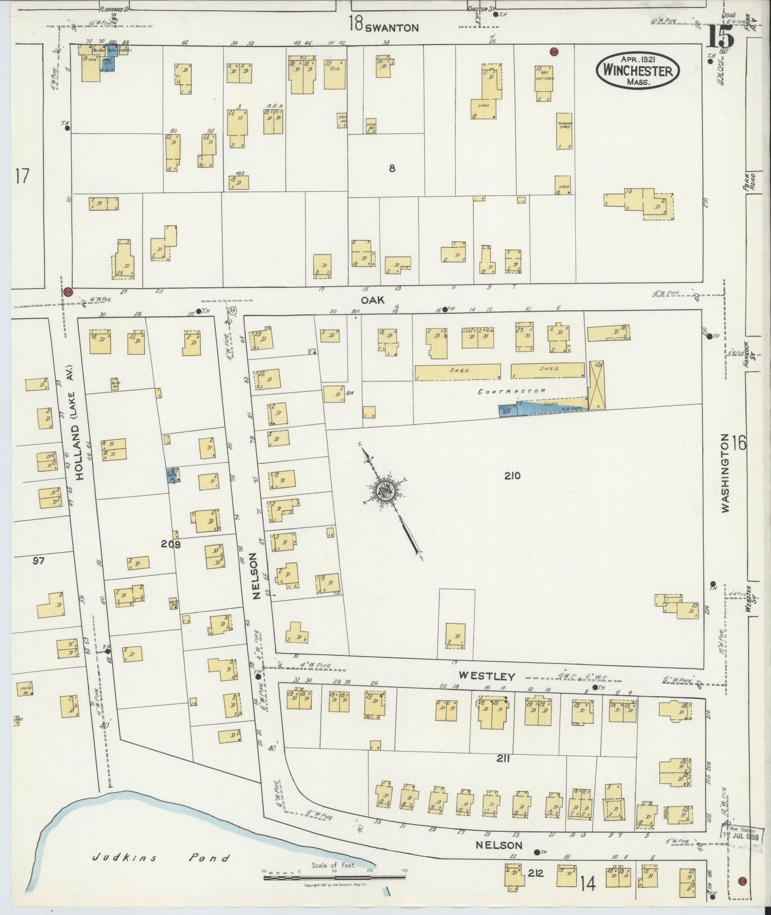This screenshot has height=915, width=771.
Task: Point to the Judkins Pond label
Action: tap(160, 858)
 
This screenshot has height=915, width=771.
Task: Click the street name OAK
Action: tap(372, 301)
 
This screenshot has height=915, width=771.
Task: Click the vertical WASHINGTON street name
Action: tap(726, 473)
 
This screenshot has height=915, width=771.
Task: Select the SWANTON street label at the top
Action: tap(392, 28)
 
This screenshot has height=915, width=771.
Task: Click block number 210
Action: tap(512, 476)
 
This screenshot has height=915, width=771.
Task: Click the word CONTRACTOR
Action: tap(511, 391)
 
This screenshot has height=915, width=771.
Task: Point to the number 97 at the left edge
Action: tap(38, 561)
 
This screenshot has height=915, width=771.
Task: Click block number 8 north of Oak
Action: tap(392, 168)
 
